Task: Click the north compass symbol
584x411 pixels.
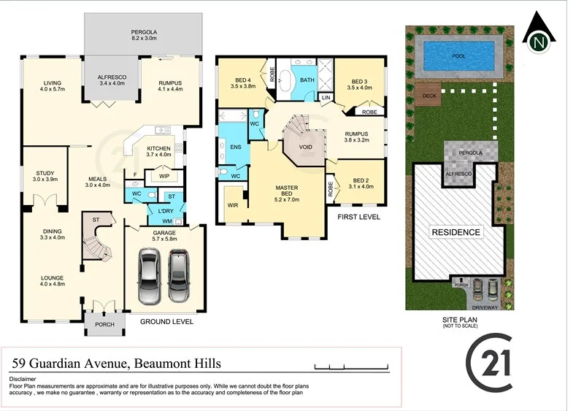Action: click(539, 37)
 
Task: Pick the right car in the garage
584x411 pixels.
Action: click(179, 277)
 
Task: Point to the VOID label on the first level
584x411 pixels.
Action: click(306, 146)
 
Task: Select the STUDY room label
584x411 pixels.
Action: click(45, 174)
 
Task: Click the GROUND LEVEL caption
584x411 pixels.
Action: click(166, 320)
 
